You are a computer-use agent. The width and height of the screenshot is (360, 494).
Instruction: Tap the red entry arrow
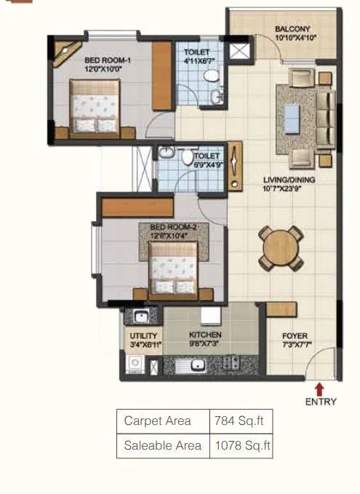(x=319, y=389)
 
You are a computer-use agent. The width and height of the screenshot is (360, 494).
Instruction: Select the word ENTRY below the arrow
(x=321, y=402)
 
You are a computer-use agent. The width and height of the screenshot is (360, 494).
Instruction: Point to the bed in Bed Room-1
(x=95, y=106)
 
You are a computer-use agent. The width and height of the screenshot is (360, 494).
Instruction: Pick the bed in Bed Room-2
(x=173, y=268)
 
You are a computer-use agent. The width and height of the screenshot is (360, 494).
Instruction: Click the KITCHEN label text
(x=204, y=335)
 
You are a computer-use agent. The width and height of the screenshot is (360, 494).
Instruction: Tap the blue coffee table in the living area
(x=292, y=116)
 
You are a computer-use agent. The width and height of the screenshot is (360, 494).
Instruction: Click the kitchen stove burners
(x=231, y=363)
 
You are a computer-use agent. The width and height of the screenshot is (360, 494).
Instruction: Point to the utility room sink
(x=140, y=316)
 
